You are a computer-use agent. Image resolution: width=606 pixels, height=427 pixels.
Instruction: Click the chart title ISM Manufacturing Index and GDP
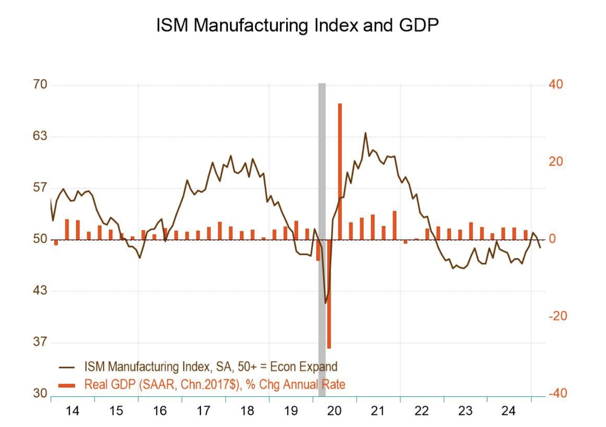[x=297, y=25]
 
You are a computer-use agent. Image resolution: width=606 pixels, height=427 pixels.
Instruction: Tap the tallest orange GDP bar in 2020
[x=340, y=171]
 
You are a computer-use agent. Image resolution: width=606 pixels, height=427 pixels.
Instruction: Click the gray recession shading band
[x=322, y=178]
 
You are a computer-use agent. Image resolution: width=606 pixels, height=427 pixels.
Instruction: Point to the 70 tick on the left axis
[x=40, y=84]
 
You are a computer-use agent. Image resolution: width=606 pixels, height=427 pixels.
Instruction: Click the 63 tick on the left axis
[x=40, y=136]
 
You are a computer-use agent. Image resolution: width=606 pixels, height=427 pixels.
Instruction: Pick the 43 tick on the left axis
[x=40, y=290]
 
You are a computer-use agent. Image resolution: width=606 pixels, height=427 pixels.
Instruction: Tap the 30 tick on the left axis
[x=40, y=393]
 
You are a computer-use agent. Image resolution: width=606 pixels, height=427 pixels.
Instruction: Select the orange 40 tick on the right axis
[x=555, y=84]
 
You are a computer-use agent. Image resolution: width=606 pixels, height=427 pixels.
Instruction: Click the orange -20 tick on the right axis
[x=558, y=316]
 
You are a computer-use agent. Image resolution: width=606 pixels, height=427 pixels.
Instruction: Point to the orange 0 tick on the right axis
[x=552, y=239]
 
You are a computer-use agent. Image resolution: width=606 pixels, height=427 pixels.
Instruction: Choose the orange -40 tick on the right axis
[x=558, y=393]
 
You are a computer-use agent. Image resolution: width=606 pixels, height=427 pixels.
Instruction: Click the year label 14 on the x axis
[x=72, y=411]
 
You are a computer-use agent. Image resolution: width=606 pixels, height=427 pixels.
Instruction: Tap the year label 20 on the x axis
[x=334, y=411]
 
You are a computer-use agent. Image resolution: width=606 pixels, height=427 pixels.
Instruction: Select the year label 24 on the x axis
[x=508, y=411]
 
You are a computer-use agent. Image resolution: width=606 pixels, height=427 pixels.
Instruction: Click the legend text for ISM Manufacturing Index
[x=211, y=367]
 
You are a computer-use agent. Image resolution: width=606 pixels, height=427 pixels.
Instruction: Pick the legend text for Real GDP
[x=215, y=384]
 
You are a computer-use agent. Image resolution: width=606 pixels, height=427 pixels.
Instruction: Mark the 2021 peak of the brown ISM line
[x=366, y=133]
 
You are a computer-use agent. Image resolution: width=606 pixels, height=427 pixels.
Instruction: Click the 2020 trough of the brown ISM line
[x=326, y=303]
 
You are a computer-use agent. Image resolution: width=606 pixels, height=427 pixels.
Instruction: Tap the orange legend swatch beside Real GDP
[x=67, y=385]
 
